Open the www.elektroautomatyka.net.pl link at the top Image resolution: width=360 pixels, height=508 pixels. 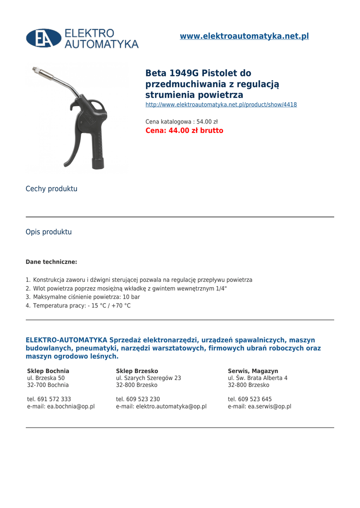244,36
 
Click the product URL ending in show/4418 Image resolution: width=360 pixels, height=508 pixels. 221,105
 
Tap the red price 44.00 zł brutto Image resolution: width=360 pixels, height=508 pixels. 184,131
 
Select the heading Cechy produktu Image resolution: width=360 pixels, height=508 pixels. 52,189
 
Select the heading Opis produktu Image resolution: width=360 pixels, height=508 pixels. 49,232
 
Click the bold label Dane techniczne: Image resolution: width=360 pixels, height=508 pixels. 51,262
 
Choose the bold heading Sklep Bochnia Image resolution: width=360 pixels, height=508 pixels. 48,371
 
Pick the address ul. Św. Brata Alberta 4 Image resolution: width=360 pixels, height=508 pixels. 258,378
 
